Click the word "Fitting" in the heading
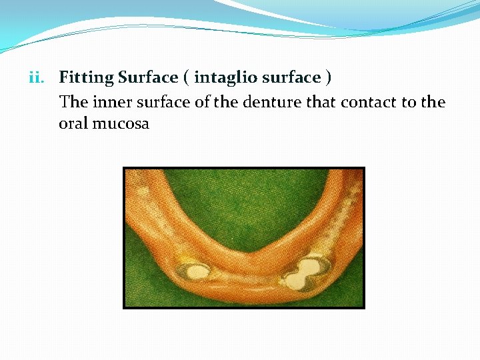tap(87, 78)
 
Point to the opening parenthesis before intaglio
tap(186, 78)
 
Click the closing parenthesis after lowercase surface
tap(327, 78)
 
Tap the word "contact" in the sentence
tap(368, 102)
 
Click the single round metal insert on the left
tap(194, 271)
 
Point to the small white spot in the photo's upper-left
tap(141, 191)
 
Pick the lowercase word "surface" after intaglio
tap(291, 78)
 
